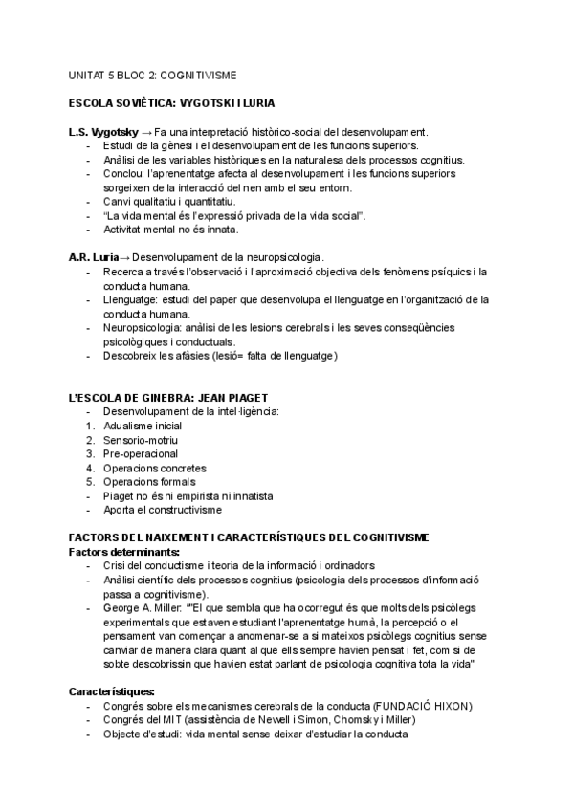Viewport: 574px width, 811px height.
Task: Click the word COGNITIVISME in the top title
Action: click(199, 74)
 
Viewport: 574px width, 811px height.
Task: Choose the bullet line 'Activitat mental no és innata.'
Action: click(171, 230)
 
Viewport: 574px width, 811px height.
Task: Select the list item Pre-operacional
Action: click(140, 453)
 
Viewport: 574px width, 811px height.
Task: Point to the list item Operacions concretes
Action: click(154, 468)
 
